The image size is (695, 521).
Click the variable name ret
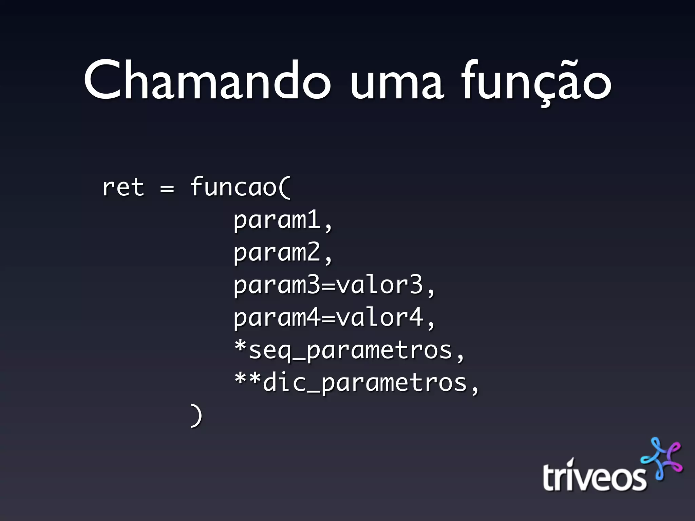123,187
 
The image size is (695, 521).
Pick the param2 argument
277,252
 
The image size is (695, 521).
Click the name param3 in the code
277,285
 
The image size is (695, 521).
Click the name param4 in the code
277,317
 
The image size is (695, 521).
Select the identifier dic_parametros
365,383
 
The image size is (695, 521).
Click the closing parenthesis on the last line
196,415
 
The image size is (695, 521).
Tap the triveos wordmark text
594,476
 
